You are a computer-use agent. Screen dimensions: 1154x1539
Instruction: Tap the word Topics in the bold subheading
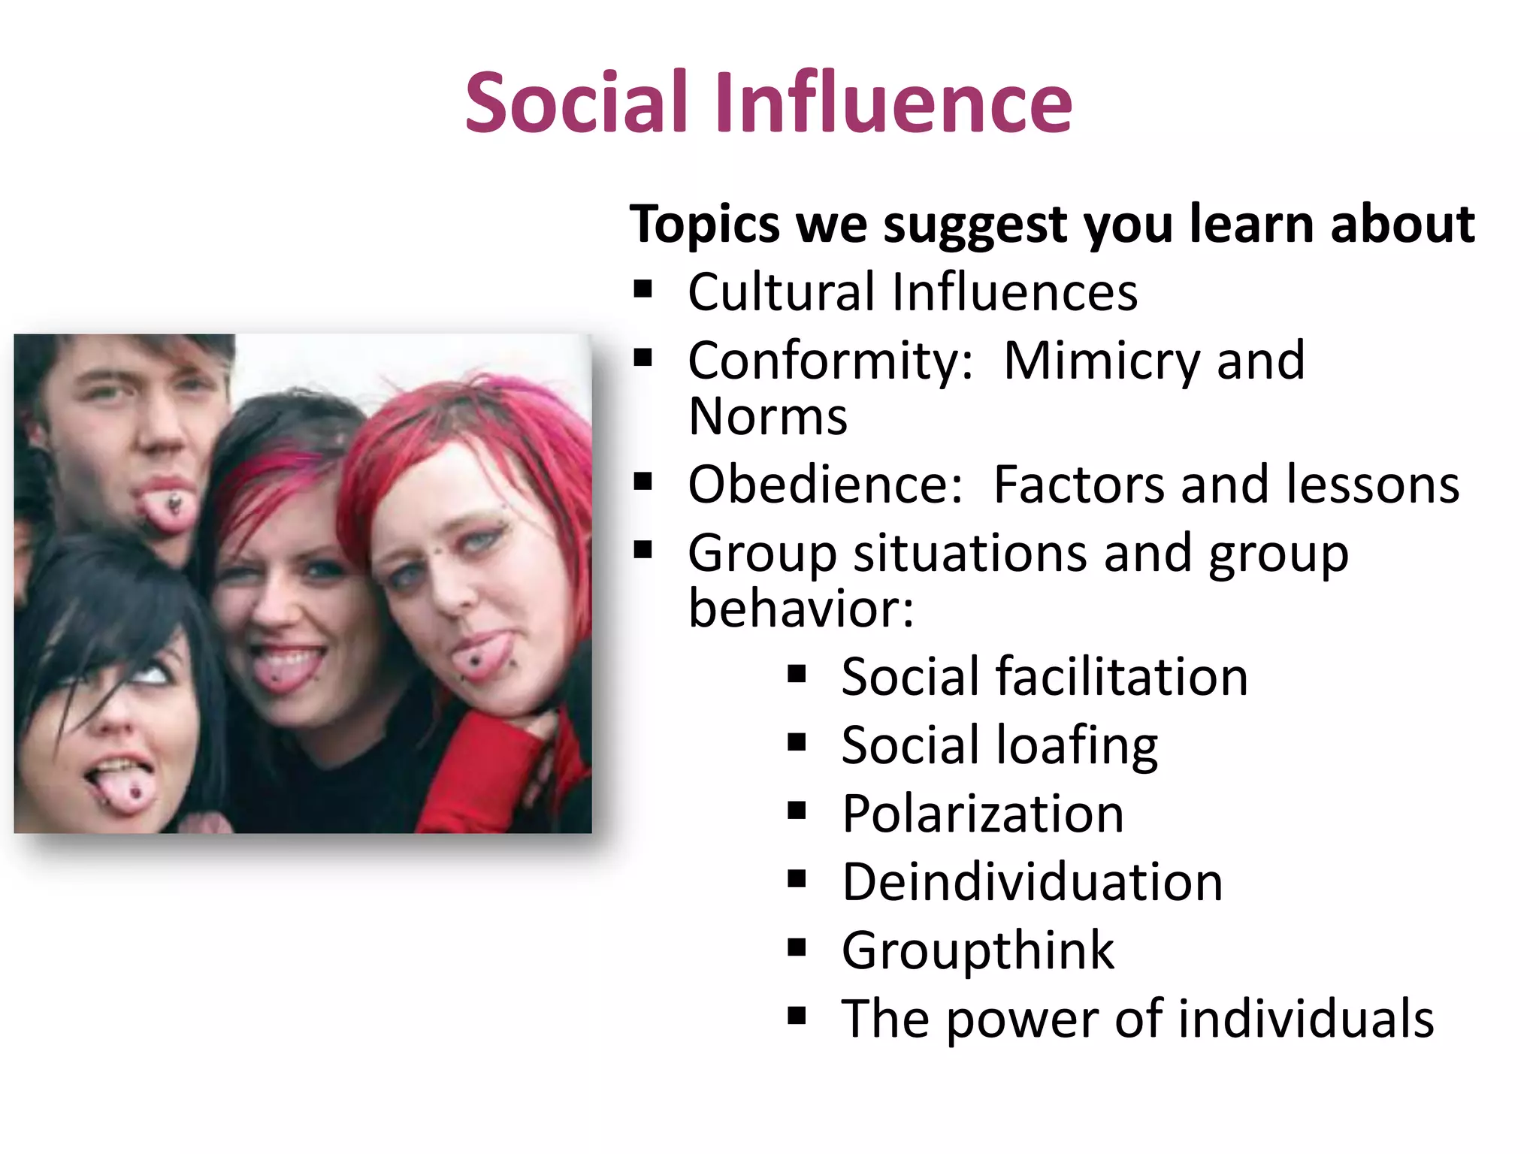[x=705, y=225]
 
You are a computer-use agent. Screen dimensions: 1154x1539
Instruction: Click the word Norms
[x=767, y=416]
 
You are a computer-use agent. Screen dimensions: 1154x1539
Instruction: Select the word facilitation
[x=1122, y=677]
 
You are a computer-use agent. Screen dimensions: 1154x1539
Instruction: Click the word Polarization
[x=983, y=814]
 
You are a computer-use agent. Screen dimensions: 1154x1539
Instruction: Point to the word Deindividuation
[x=1033, y=882]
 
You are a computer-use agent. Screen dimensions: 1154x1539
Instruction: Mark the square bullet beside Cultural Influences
[x=643, y=289]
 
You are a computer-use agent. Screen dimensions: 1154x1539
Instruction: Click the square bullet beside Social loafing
[x=797, y=742]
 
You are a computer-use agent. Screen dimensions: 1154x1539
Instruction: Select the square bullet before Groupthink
[x=797, y=947]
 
